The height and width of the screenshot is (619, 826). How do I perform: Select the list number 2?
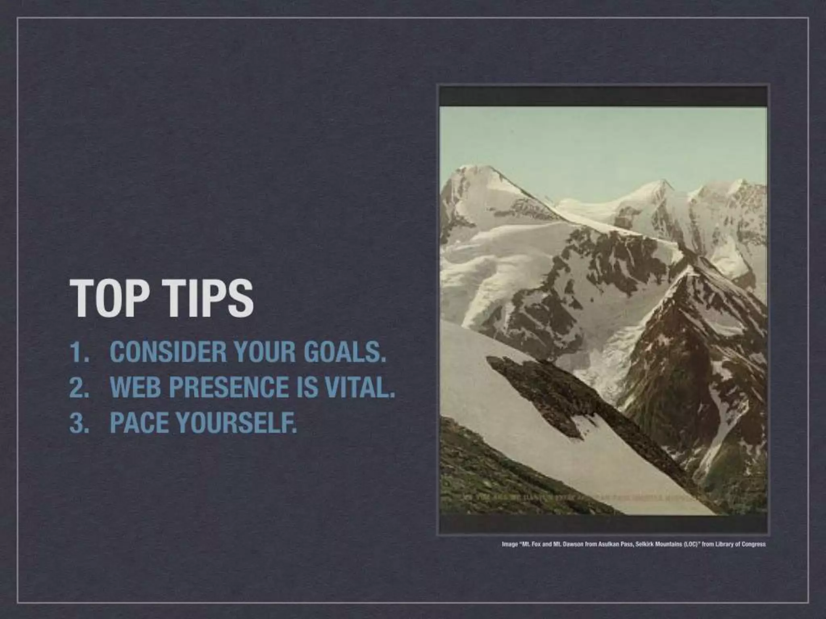click(x=78, y=387)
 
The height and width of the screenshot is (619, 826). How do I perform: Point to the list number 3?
click(x=78, y=422)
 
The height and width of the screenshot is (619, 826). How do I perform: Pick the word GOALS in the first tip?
click(x=345, y=352)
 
